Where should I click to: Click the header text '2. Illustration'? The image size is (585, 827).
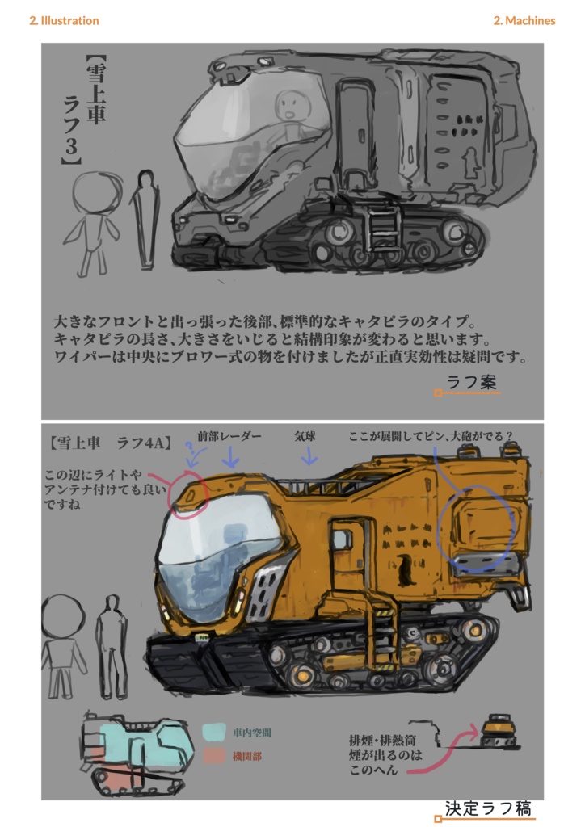64,21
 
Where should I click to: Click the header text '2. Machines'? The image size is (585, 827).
524,21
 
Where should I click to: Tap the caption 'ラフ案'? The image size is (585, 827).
472,382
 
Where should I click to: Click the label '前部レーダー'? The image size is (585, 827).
229,436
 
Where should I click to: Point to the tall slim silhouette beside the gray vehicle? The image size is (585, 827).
145,218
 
